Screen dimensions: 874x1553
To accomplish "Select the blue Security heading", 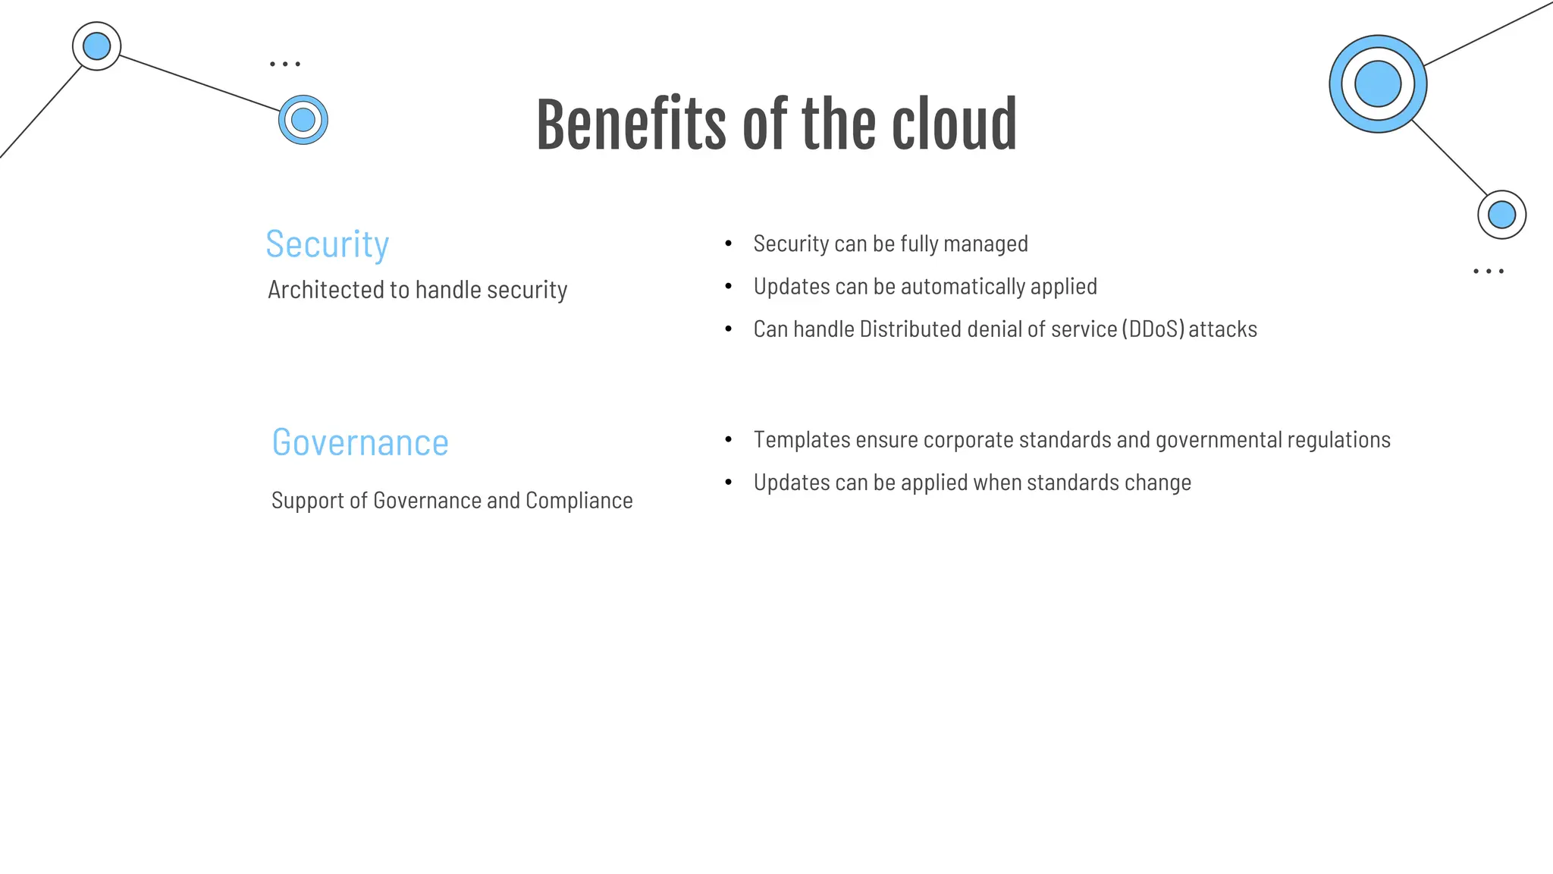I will pyautogui.click(x=327, y=244).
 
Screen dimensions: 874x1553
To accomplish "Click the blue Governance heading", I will pyautogui.click(x=360, y=442).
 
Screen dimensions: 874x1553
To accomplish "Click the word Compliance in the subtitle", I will pyautogui.click(x=579, y=501).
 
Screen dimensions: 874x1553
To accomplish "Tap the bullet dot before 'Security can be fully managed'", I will pyautogui.click(x=729, y=244).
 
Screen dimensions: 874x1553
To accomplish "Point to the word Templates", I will pyautogui.click(x=802, y=440).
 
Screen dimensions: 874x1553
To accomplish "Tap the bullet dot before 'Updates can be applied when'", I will pyautogui.click(x=729, y=483).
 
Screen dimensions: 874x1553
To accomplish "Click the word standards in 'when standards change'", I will pyautogui.click(x=1069, y=483).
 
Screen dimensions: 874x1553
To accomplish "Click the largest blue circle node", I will pyautogui.click(x=1378, y=83).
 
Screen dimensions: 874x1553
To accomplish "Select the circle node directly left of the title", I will pyautogui.click(x=303, y=120).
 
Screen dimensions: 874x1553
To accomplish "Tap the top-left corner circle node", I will pyautogui.click(x=96, y=46).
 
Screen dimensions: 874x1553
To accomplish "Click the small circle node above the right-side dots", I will pyautogui.click(x=1501, y=215).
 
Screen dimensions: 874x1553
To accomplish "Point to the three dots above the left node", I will pyautogui.click(x=285, y=64).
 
